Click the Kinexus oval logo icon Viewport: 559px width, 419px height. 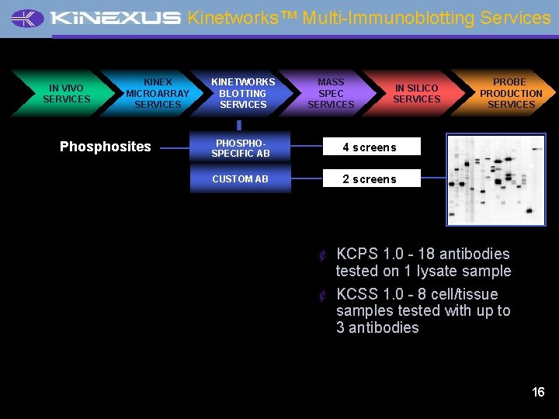28,19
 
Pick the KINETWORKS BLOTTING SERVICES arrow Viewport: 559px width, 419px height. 243,93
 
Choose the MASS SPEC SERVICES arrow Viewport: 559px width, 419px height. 331,93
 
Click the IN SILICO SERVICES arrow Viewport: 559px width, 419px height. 416,94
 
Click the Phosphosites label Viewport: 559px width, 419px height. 106,147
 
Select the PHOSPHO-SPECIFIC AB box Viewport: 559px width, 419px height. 241,148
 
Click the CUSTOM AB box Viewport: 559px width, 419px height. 241,179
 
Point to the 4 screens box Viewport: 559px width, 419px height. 372,147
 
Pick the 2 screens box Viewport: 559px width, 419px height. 372,179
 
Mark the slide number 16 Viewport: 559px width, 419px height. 538,392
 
